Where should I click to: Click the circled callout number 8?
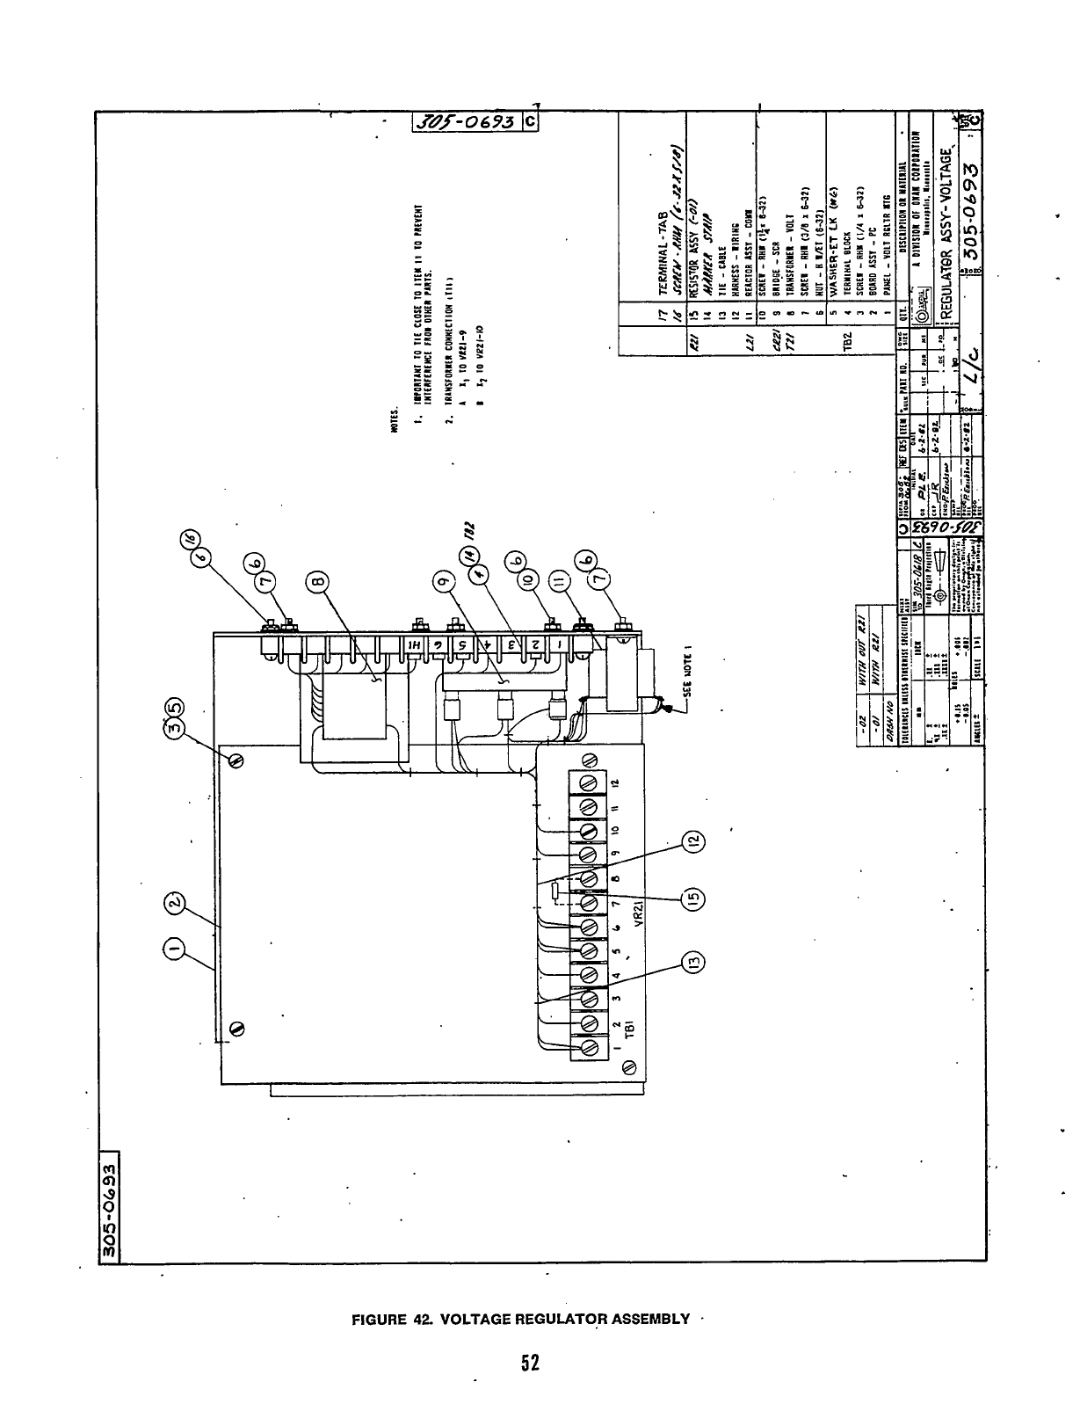click(319, 581)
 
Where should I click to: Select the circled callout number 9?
click(446, 581)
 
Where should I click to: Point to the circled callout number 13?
click(694, 964)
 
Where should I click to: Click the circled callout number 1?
click(176, 948)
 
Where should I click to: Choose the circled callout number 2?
click(176, 903)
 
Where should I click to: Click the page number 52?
click(528, 1363)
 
